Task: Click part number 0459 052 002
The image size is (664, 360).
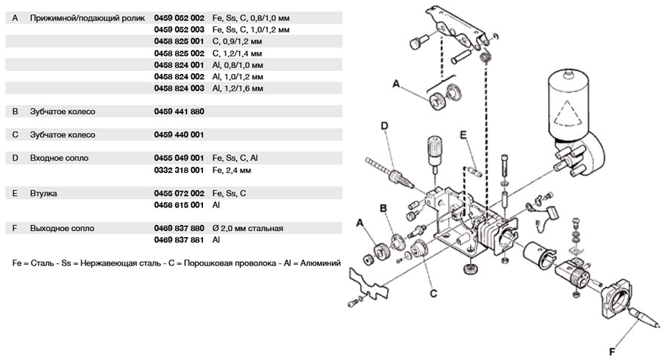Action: click(179, 18)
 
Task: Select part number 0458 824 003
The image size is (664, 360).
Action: click(179, 88)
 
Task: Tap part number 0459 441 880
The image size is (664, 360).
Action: click(179, 112)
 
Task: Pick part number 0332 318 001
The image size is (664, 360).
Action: click(179, 171)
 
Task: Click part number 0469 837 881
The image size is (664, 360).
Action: click(179, 240)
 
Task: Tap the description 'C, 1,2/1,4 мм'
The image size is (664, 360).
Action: click(237, 54)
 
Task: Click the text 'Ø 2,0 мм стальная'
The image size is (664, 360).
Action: click(247, 229)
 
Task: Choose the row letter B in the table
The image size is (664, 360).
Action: click(15, 112)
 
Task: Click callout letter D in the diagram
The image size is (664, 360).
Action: click(385, 126)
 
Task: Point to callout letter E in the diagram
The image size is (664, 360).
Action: click(463, 134)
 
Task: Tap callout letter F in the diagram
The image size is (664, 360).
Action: click(612, 352)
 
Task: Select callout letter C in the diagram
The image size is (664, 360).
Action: click(434, 294)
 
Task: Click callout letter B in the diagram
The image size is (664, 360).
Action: click(383, 208)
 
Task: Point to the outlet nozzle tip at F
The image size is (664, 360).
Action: click(658, 326)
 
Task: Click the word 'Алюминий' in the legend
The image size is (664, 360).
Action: click(321, 263)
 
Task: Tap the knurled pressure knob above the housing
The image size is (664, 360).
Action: click(435, 146)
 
